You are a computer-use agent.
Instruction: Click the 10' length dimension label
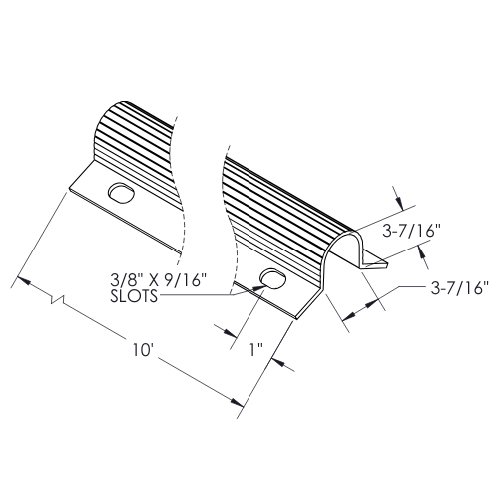coord(143,350)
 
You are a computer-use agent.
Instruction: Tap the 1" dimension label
coord(256,350)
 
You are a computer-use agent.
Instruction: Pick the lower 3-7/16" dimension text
coord(460,288)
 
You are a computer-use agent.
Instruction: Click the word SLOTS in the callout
coord(134,296)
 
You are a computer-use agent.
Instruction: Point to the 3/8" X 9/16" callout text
coord(157,280)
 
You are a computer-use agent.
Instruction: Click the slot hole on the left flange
coord(121,193)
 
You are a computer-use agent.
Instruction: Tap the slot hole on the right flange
coord(273,278)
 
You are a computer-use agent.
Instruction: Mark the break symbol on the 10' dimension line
coord(58,299)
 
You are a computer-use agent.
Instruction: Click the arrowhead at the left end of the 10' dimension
coord(22,280)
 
